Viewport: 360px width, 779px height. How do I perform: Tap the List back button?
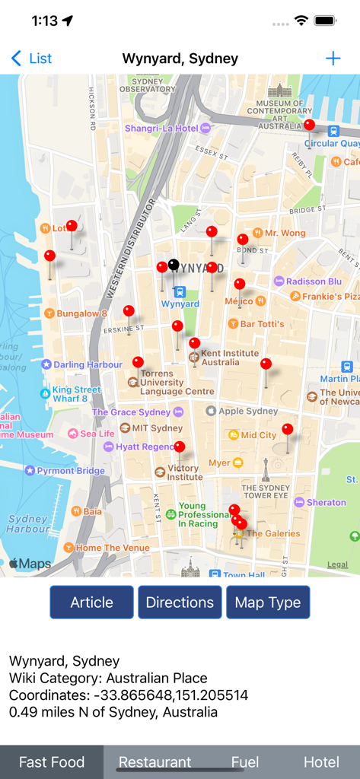[32, 59]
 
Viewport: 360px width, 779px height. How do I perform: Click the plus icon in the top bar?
[333, 59]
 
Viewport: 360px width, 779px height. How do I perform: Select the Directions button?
[180, 603]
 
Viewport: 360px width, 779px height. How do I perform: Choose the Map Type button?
[268, 603]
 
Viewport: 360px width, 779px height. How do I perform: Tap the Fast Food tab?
[52, 762]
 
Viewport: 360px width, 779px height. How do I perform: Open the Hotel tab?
[321, 762]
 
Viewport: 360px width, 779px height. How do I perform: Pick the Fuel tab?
[245, 762]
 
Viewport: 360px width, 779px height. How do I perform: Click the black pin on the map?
[174, 265]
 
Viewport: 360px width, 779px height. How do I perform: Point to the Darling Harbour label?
[88, 364]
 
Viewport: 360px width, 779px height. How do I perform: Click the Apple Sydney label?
[248, 411]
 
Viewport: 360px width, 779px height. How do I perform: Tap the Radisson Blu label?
[313, 281]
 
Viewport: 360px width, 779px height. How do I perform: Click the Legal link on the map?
[337, 564]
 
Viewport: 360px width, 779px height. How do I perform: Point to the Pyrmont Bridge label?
[70, 471]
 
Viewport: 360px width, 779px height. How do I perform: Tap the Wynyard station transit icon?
[180, 291]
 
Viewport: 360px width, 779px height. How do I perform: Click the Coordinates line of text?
[129, 695]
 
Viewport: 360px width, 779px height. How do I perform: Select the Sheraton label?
[326, 502]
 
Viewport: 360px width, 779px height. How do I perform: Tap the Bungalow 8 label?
[81, 313]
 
